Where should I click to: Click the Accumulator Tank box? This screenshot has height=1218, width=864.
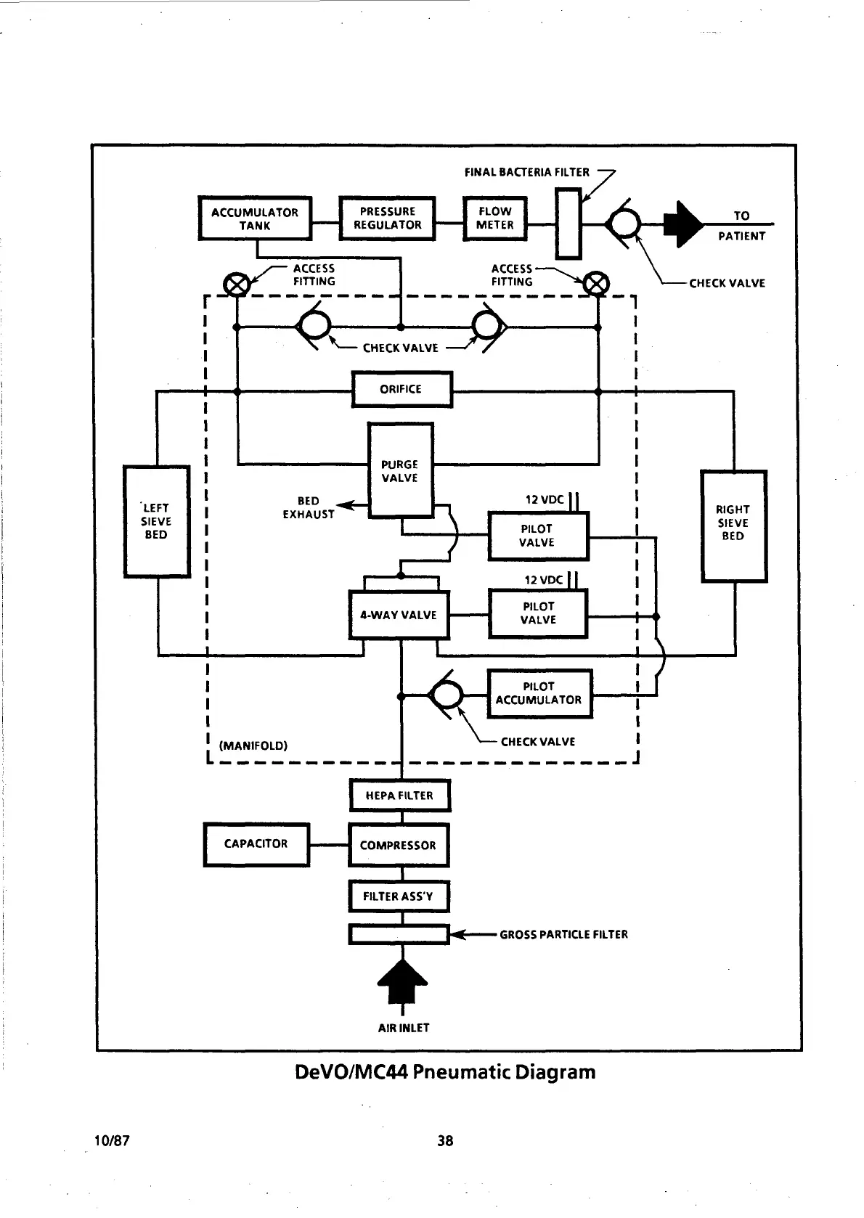[255, 218]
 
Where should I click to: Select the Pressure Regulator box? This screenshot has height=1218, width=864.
[388, 218]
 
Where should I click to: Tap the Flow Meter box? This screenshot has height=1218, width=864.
[495, 218]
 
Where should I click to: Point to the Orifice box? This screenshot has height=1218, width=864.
[402, 389]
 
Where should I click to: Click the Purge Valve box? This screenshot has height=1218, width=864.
[401, 470]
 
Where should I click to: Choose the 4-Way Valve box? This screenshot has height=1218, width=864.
[399, 616]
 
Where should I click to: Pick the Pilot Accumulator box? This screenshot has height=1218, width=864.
[539, 693]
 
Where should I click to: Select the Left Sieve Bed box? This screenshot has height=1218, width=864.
[157, 521]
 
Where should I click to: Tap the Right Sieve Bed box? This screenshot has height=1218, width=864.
[733, 526]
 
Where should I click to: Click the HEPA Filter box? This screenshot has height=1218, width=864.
[399, 796]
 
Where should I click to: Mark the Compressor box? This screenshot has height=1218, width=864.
[399, 845]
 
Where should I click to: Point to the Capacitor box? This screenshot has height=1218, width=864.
[256, 844]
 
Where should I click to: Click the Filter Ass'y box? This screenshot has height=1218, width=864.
[399, 896]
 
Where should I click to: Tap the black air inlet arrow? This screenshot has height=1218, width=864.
[402, 981]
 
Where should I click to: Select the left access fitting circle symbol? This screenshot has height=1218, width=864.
[235, 284]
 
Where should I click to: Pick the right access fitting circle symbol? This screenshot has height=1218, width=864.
[598, 284]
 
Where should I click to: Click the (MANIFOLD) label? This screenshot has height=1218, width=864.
[253, 745]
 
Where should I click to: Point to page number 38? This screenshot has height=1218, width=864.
[445, 1140]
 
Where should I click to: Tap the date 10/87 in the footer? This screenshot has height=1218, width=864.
[112, 1140]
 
